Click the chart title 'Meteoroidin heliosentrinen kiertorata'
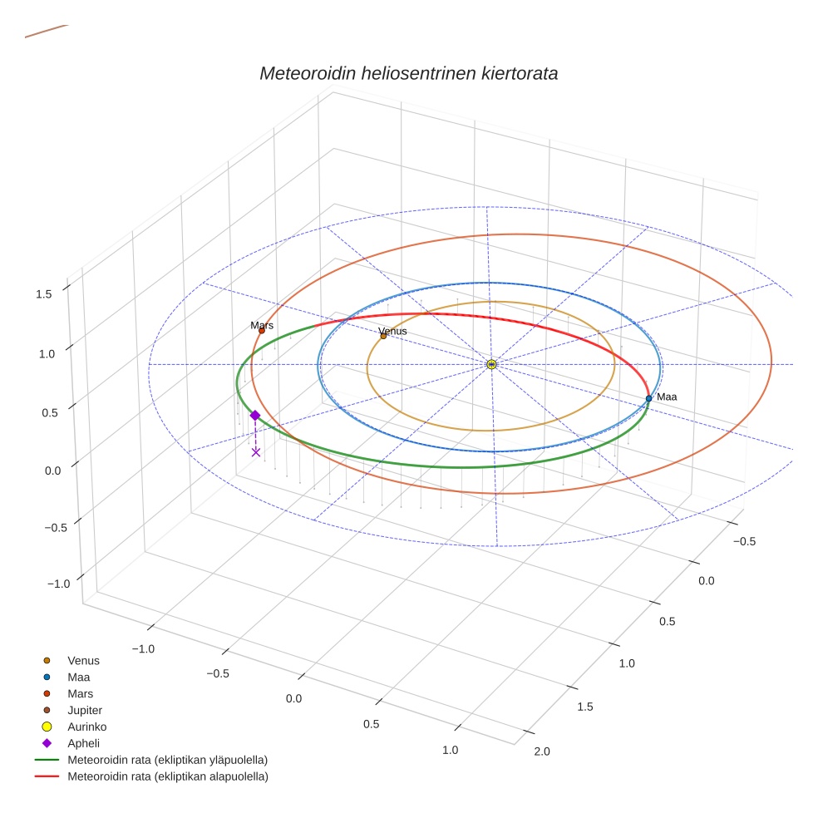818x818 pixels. pos(408,73)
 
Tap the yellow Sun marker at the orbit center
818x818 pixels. pos(491,364)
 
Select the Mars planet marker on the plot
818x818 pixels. pos(262,331)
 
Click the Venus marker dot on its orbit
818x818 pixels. pos(383,336)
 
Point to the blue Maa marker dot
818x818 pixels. pos(648,398)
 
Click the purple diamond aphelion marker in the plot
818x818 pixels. pos(255,415)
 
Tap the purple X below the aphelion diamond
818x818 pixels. pos(256,451)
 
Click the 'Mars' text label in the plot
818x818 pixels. pos(262,326)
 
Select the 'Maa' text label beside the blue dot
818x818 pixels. pos(667,397)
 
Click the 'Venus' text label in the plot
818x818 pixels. pos(393,331)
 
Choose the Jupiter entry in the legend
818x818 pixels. pos(85,710)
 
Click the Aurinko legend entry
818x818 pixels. pos(86,727)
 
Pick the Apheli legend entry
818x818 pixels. pos(83,743)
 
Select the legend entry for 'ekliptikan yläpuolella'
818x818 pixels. pos(167,760)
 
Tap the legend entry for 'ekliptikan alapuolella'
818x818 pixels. pos(167,776)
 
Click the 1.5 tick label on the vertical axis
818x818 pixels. pos(44,293)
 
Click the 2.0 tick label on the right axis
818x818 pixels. pos(542,751)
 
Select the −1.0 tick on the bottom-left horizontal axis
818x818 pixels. pos(143,648)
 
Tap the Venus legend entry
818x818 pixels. pos(83,661)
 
